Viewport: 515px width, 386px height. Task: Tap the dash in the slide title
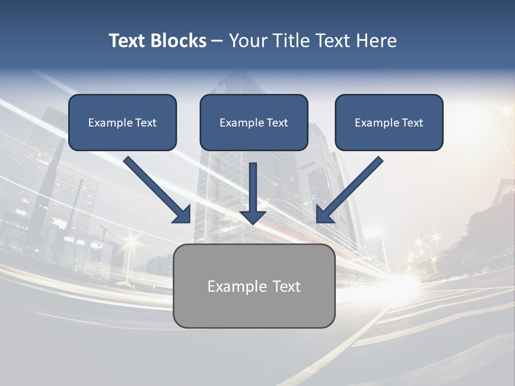click(217, 41)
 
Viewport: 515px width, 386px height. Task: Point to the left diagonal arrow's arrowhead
click(182, 214)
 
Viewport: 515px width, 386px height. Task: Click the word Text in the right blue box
click(412, 123)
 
